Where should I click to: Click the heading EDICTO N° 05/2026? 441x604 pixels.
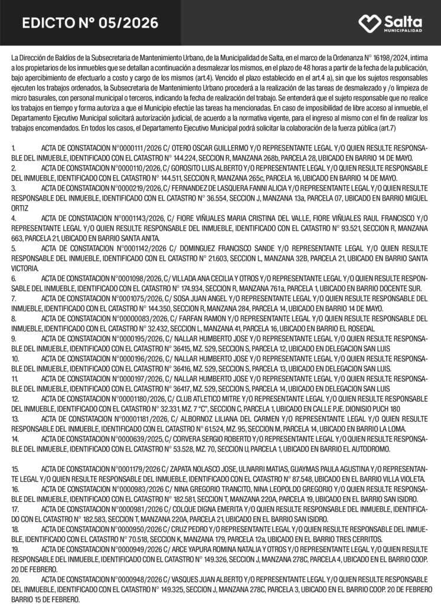click(90, 23)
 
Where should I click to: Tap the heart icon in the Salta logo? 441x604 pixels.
click(370, 23)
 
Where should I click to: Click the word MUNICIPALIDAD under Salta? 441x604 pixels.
click(403, 30)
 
